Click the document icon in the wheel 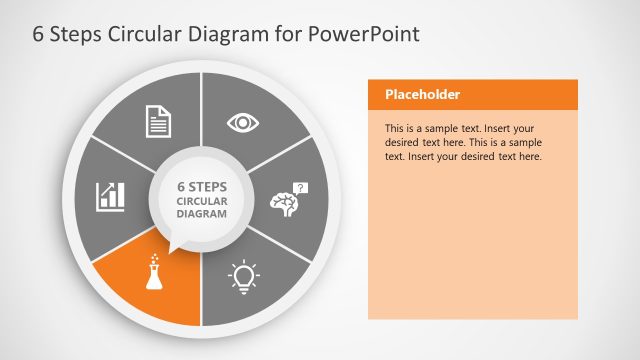tap(159, 122)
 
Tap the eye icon tap(243, 122)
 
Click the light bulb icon tap(243, 274)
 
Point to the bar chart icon tap(110, 196)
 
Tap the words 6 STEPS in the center tap(201, 186)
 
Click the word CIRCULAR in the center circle tap(201, 201)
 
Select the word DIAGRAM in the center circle tap(201, 214)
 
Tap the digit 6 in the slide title tap(11, 34)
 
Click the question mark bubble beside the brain tap(302, 187)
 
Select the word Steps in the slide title tap(53, 34)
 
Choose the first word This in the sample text tap(395, 129)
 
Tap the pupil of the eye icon tap(243, 122)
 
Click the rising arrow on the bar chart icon tap(112, 188)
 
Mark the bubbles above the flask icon tap(155, 259)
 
